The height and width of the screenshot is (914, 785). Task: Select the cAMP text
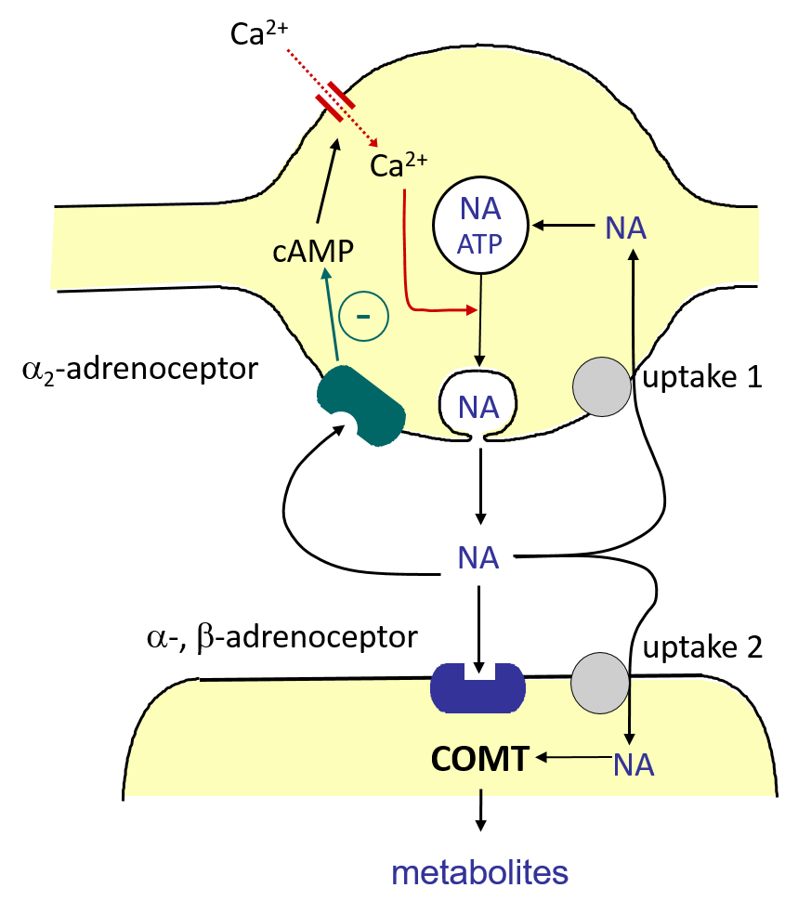point(314,252)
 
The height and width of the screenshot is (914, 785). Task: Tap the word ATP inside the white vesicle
point(479,245)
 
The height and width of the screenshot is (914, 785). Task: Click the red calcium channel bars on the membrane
point(334,97)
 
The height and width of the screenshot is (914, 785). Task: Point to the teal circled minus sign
point(363,317)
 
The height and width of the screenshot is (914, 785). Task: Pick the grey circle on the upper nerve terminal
point(602,386)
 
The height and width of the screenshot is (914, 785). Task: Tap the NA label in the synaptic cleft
point(478,558)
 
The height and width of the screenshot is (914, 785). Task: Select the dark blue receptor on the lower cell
point(478,688)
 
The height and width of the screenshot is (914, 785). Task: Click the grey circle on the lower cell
point(600,683)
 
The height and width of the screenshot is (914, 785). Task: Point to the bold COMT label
point(479,759)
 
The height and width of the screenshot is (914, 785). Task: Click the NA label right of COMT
point(634,764)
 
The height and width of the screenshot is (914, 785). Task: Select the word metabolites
point(479,873)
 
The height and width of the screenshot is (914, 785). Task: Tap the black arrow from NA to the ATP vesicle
point(564,224)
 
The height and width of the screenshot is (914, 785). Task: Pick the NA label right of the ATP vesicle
point(625,228)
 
